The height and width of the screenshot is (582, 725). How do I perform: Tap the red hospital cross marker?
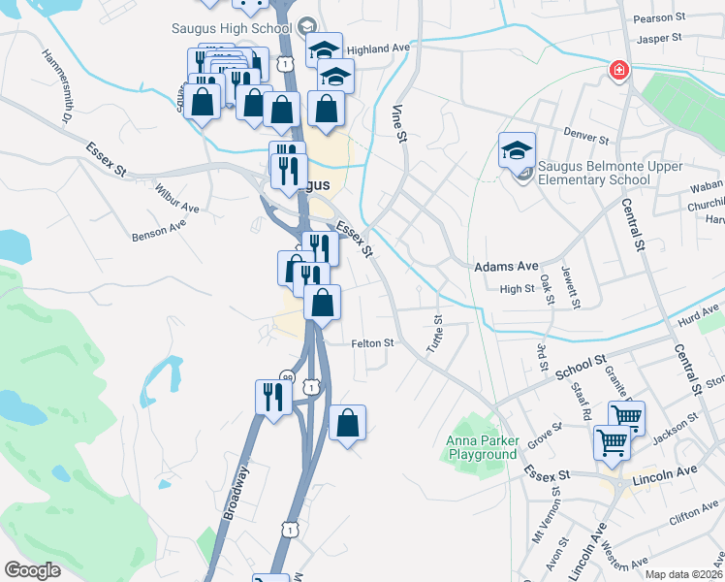[x=617, y=70]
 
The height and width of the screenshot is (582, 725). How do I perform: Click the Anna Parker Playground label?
[x=482, y=448]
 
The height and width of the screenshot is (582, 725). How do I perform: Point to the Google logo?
[x=32, y=569]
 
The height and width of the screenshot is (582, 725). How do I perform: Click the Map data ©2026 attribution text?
[x=684, y=574]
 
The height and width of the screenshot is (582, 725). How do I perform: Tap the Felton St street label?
[x=372, y=342]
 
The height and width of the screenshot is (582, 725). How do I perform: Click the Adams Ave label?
[x=505, y=266]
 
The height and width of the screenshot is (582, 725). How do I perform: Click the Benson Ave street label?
[x=158, y=229]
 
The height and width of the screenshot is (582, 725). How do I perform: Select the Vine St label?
[x=398, y=121]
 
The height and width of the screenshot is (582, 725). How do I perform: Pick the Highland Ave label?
[x=378, y=48]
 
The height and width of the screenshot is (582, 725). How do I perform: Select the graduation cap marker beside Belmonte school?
[x=518, y=150]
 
